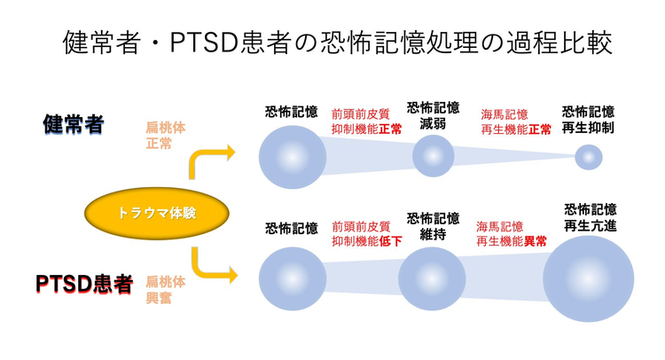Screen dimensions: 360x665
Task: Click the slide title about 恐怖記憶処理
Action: pyautogui.click(x=338, y=42)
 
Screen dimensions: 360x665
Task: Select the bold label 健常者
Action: pyautogui.click(x=73, y=124)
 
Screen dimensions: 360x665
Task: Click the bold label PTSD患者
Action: pyautogui.click(x=84, y=284)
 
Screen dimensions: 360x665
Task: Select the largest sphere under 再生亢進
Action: pyautogui.click(x=588, y=278)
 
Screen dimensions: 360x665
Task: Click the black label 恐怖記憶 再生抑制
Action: pyautogui.click(x=588, y=120)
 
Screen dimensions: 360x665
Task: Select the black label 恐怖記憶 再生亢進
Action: pyautogui.click(x=590, y=218)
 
